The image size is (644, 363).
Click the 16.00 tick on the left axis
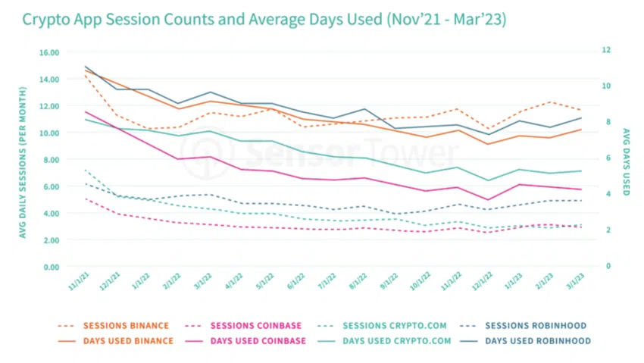(48, 52)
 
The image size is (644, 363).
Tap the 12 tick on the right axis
(606, 50)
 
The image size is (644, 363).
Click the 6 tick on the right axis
(606, 158)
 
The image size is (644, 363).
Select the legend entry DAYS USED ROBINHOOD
(539, 341)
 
